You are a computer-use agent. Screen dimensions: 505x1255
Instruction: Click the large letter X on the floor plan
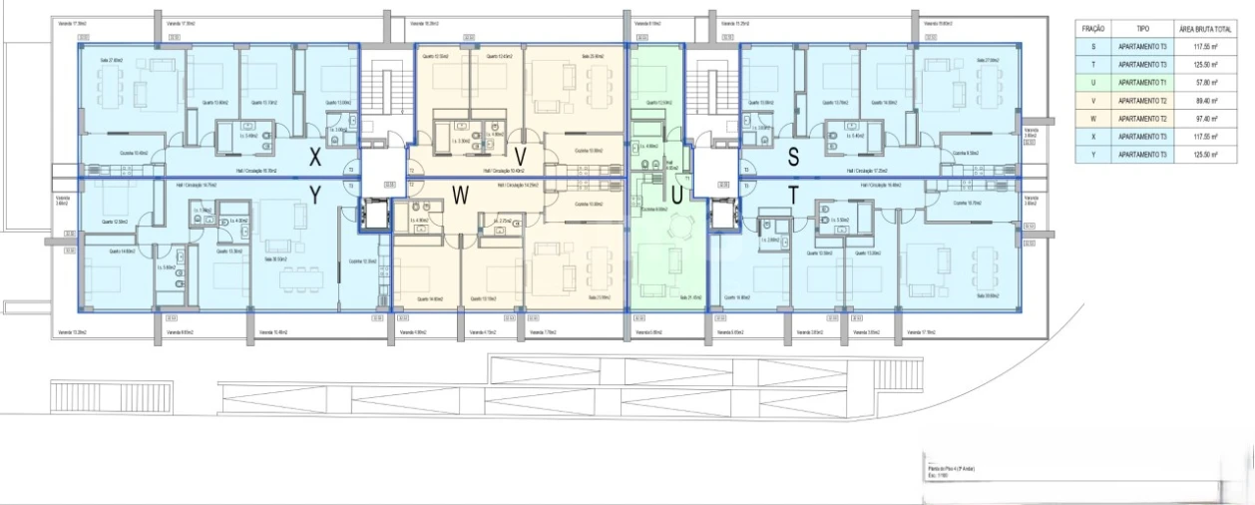(x=315, y=157)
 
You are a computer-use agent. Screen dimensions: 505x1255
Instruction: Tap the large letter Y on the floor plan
(x=315, y=197)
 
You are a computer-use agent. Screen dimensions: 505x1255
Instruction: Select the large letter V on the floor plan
(x=520, y=157)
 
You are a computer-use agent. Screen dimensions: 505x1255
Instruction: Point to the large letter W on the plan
(x=460, y=197)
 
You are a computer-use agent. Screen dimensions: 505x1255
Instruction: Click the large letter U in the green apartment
(x=676, y=197)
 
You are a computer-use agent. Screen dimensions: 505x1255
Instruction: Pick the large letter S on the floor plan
(x=794, y=157)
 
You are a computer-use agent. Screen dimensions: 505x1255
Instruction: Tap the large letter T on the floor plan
(x=794, y=197)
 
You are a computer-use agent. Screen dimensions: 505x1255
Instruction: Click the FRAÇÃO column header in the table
(x=1093, y=30)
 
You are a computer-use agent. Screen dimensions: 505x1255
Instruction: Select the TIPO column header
(x=1142, y=30)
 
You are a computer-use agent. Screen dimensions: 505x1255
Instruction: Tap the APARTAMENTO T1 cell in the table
(x=1142, y=82)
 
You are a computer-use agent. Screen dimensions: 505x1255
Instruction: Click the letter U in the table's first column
(x=1093, y=82)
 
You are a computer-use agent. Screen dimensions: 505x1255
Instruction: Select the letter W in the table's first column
(x=1093, y=119)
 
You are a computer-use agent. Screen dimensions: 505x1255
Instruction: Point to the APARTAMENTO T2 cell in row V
(x=1142, y=100)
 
